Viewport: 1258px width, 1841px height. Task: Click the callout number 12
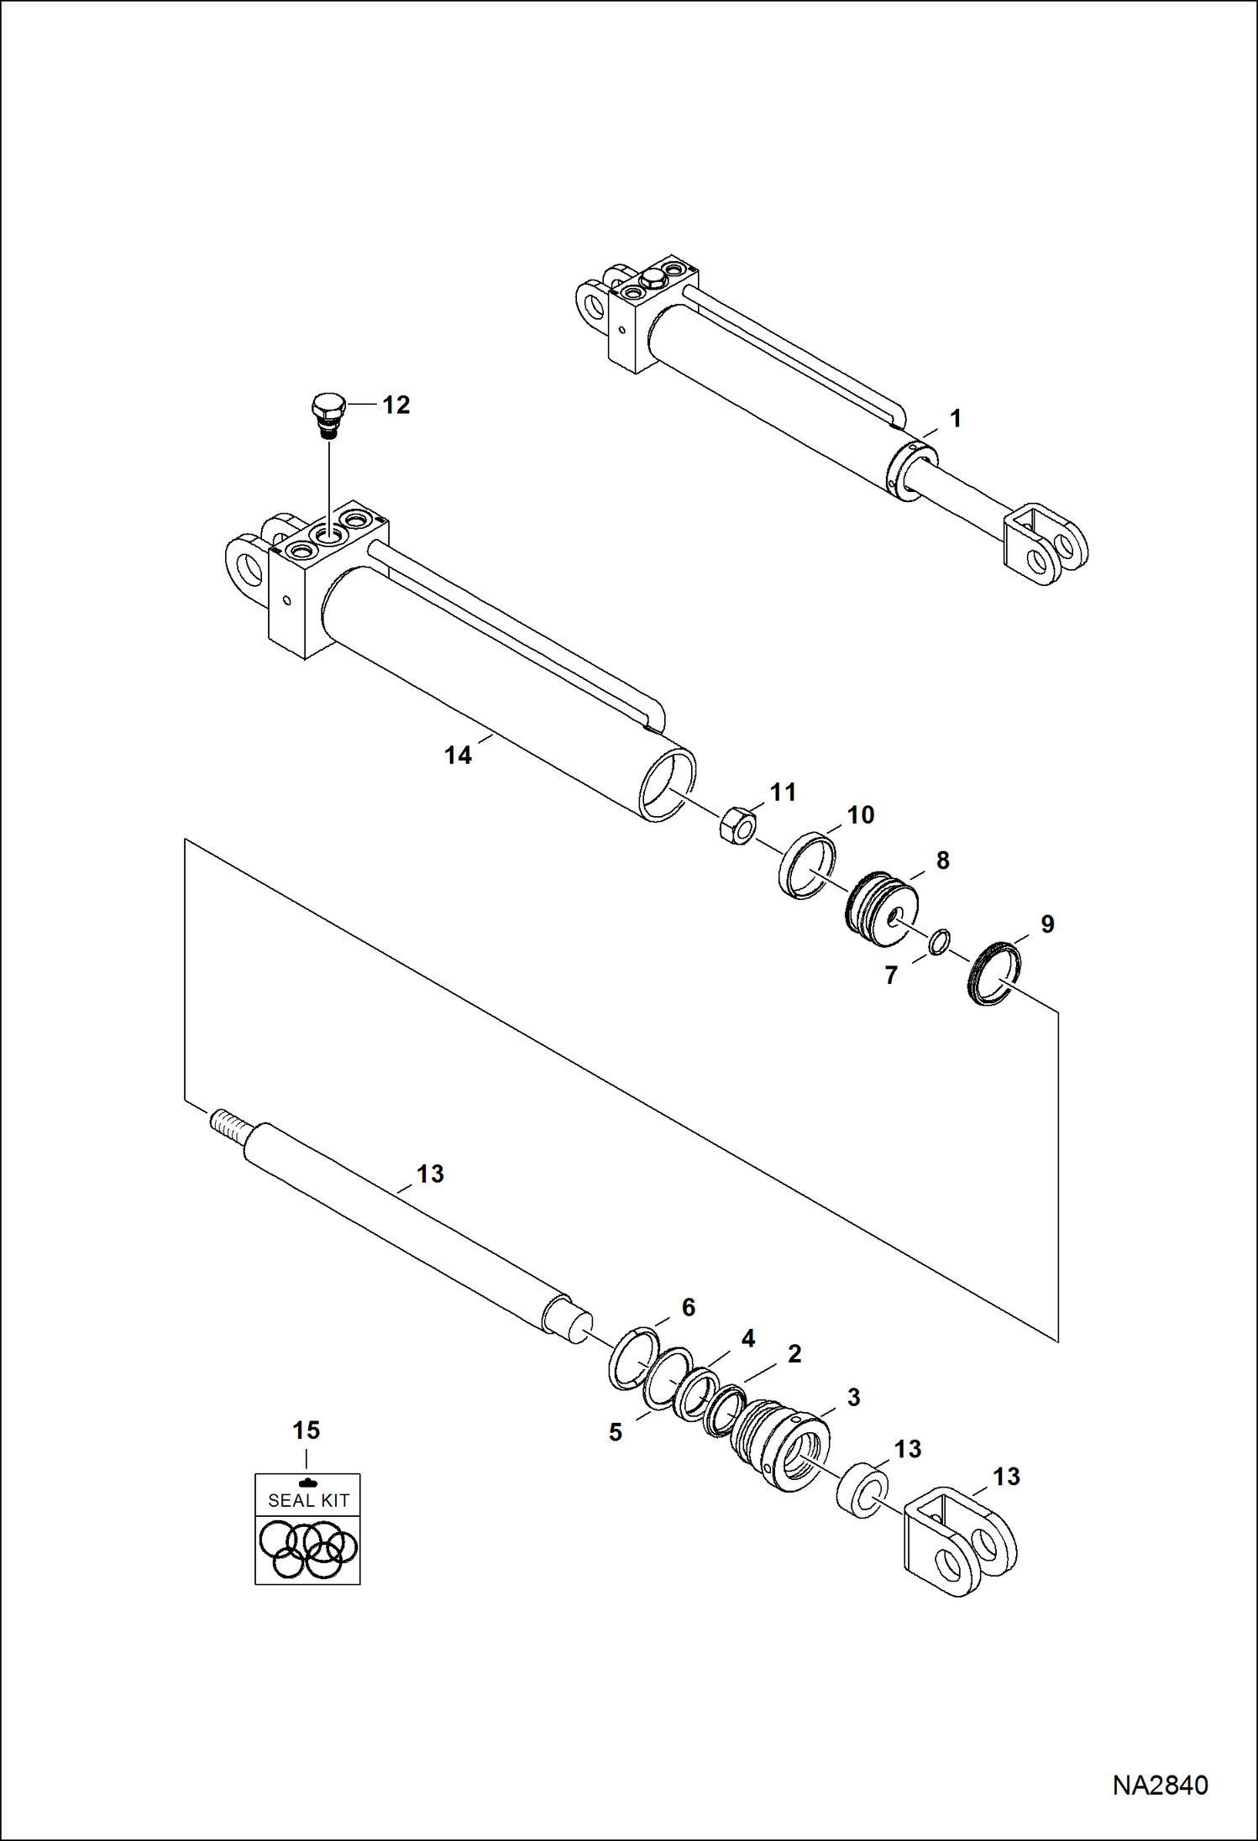pyautogui.click(x=396, y=405)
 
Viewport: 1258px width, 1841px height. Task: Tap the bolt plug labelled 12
pyautogui.click(x=328, y=414)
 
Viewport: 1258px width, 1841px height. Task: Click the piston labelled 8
pyautogui.click(x=881, y=908)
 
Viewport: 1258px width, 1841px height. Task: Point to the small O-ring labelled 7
pyautogui.click(x=940, y=942)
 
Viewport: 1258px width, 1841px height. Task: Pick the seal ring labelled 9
pyautogui.click(x=995, y=974)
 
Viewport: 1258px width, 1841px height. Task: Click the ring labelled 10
pyautogui.click(x=807, y=864)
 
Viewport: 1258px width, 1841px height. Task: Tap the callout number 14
pyautogui.click(x=458, y=755)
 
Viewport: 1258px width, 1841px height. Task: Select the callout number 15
pyautogui.click(x=307, y=1430)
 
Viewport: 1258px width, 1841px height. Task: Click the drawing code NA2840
pyautogui.click(x=1160, y=1785)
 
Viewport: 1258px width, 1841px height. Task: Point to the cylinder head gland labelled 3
pyautogui.click(x=781, y=1446)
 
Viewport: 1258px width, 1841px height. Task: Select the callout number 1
pyautogui.click(x=955, y=418)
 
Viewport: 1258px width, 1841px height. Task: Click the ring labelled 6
pyautogui.click(x=633, y=1358)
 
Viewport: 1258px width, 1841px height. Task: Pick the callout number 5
pyautogui.click(x=616, y=1432)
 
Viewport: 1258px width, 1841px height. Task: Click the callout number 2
pyautogui.click(x=794, y=1353)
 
